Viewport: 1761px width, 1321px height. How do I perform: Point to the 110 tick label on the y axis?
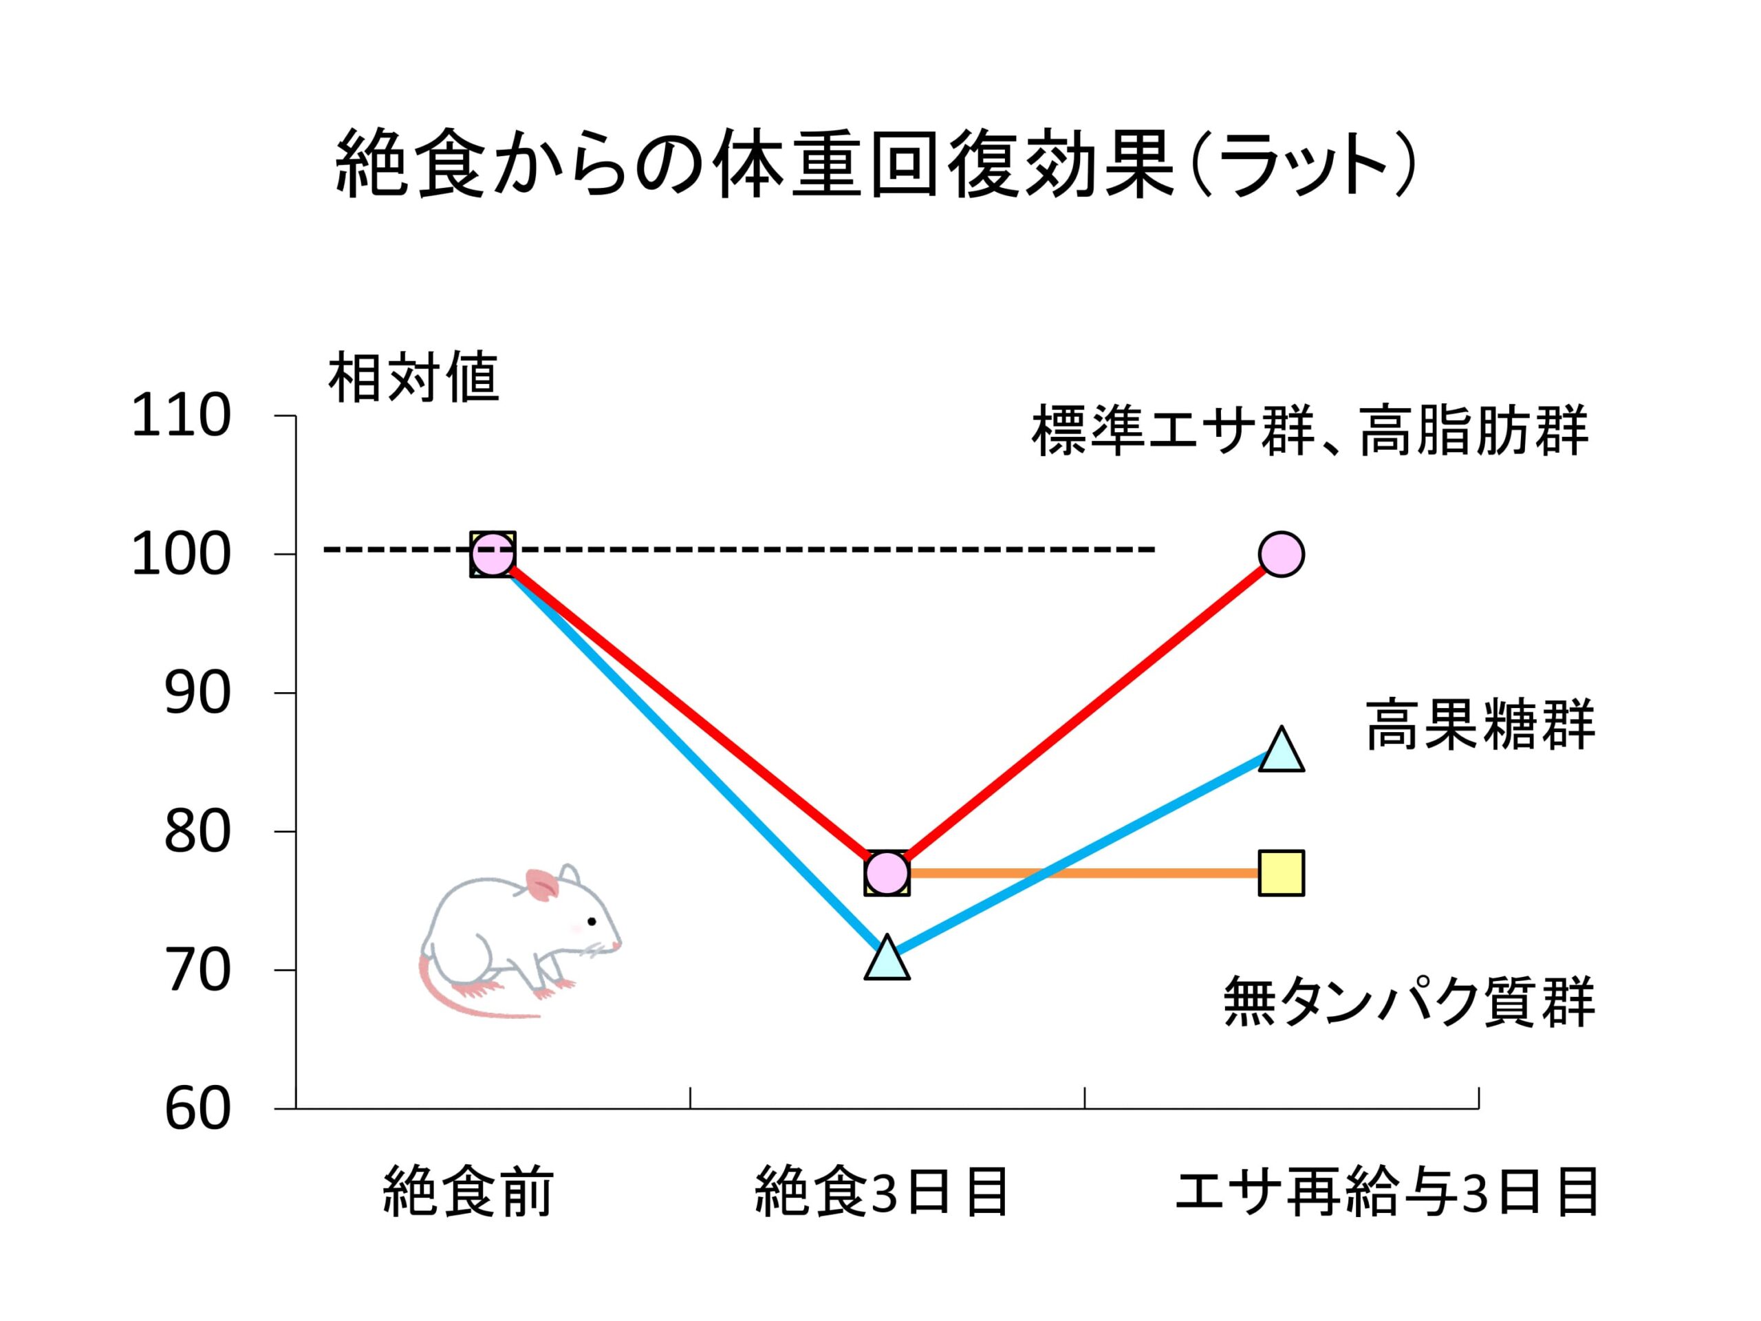(182, 416)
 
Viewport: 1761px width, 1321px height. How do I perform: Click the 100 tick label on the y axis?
(182, 555)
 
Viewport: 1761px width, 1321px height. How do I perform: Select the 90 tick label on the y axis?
(197, 694)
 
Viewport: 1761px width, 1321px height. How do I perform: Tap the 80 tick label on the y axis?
(197, 832)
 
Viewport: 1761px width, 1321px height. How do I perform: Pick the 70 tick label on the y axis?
(197, 971)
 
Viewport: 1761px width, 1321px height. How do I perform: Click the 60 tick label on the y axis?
(197, 1109)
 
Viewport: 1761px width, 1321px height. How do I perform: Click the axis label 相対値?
(413, 378)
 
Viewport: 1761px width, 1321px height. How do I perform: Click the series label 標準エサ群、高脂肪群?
(1310, 431)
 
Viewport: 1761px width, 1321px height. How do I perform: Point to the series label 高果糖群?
(1481, 724)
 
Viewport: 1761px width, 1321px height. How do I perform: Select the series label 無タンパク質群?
(1409, 1002)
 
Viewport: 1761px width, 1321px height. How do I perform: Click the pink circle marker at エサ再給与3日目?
(1281, 553)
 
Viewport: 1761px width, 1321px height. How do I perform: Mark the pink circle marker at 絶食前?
(493, 553)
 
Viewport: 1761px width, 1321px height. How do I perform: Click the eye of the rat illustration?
(592, 922)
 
